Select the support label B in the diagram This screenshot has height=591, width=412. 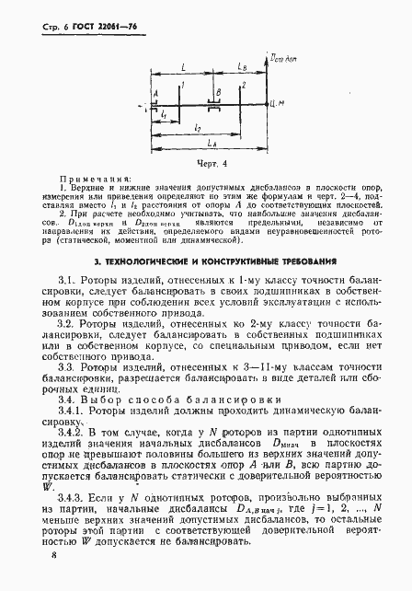[x=218, y=93]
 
